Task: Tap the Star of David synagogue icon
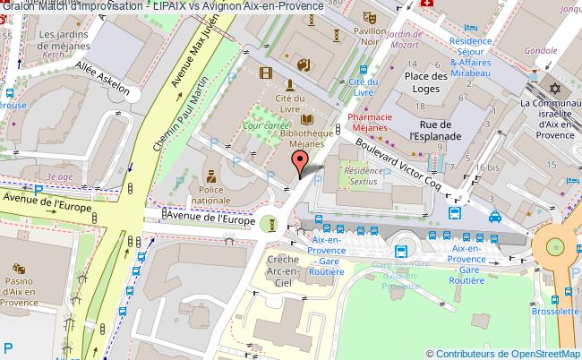(554, 90)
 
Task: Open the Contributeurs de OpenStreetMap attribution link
(505, 353)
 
